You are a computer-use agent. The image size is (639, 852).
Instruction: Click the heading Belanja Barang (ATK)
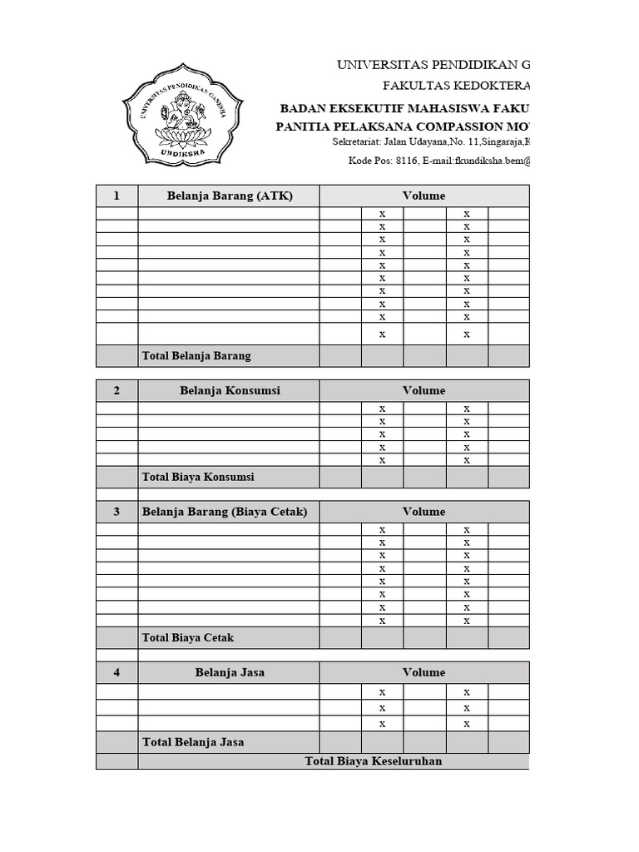click(229, 196)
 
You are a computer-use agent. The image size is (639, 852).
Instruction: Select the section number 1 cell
click(116, 196)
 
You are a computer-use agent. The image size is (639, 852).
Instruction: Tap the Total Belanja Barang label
click(196, 355)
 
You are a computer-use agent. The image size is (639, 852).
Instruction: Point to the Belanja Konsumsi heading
click(229, 390)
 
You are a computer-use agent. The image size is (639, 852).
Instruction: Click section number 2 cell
click(116, 390)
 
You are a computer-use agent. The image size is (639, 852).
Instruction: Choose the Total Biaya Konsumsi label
click(198, 477)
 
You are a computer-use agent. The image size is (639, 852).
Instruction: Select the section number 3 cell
click(116, 512)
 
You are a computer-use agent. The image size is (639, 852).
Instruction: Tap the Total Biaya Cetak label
click(188, 637)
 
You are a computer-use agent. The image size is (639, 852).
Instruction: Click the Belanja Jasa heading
click(229, 672)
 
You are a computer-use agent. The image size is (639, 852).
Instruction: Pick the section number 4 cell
click(116, 672)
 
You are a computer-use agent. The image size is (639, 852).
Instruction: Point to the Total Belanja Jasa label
click(193, 741)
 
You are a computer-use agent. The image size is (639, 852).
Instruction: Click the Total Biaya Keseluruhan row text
click(374, 761)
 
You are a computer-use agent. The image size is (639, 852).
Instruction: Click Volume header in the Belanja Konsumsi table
click(424, 390)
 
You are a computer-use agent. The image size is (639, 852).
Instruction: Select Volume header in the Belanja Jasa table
click(424, 672)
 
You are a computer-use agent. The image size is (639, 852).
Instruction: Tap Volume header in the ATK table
click(424, 196)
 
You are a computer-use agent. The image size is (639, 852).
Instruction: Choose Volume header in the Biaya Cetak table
click(424, 512)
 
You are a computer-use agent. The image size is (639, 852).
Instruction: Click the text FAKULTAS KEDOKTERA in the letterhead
click(455, 86)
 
